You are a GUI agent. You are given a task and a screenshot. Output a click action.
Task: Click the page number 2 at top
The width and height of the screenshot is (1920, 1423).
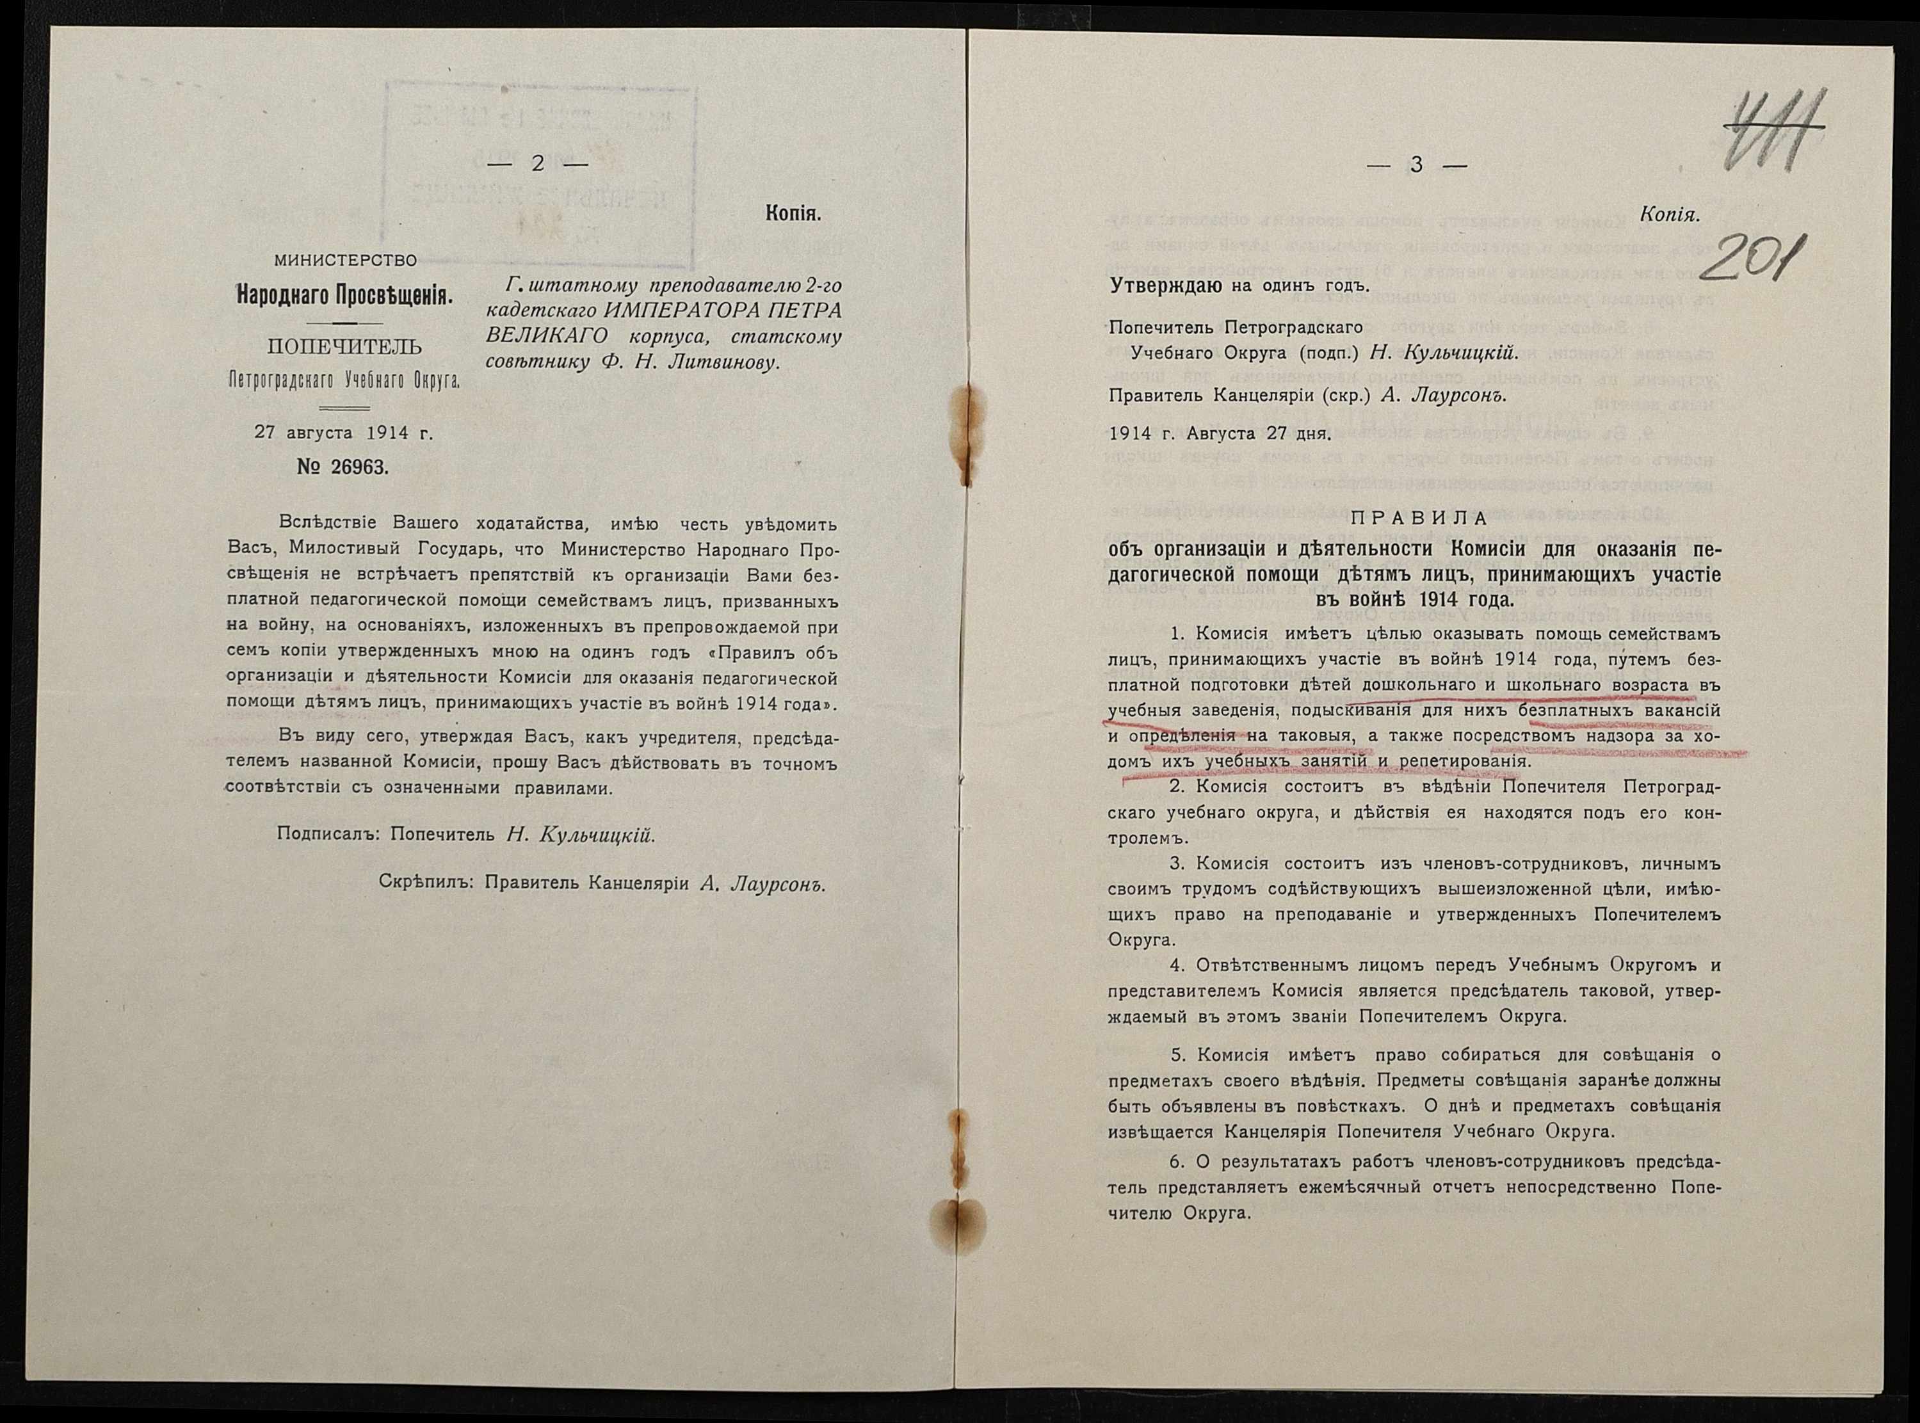coord(538,164)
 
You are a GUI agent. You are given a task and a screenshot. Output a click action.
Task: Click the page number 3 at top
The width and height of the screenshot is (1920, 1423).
coord(1416,165)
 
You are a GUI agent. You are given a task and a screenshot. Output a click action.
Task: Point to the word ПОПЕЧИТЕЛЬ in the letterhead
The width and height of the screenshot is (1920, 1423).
coord(344,347)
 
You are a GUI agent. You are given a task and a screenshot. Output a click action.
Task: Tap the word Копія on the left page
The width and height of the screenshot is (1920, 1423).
coord(793,214)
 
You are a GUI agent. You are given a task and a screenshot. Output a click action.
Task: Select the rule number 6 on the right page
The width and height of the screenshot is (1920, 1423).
coord(1176,1162)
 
